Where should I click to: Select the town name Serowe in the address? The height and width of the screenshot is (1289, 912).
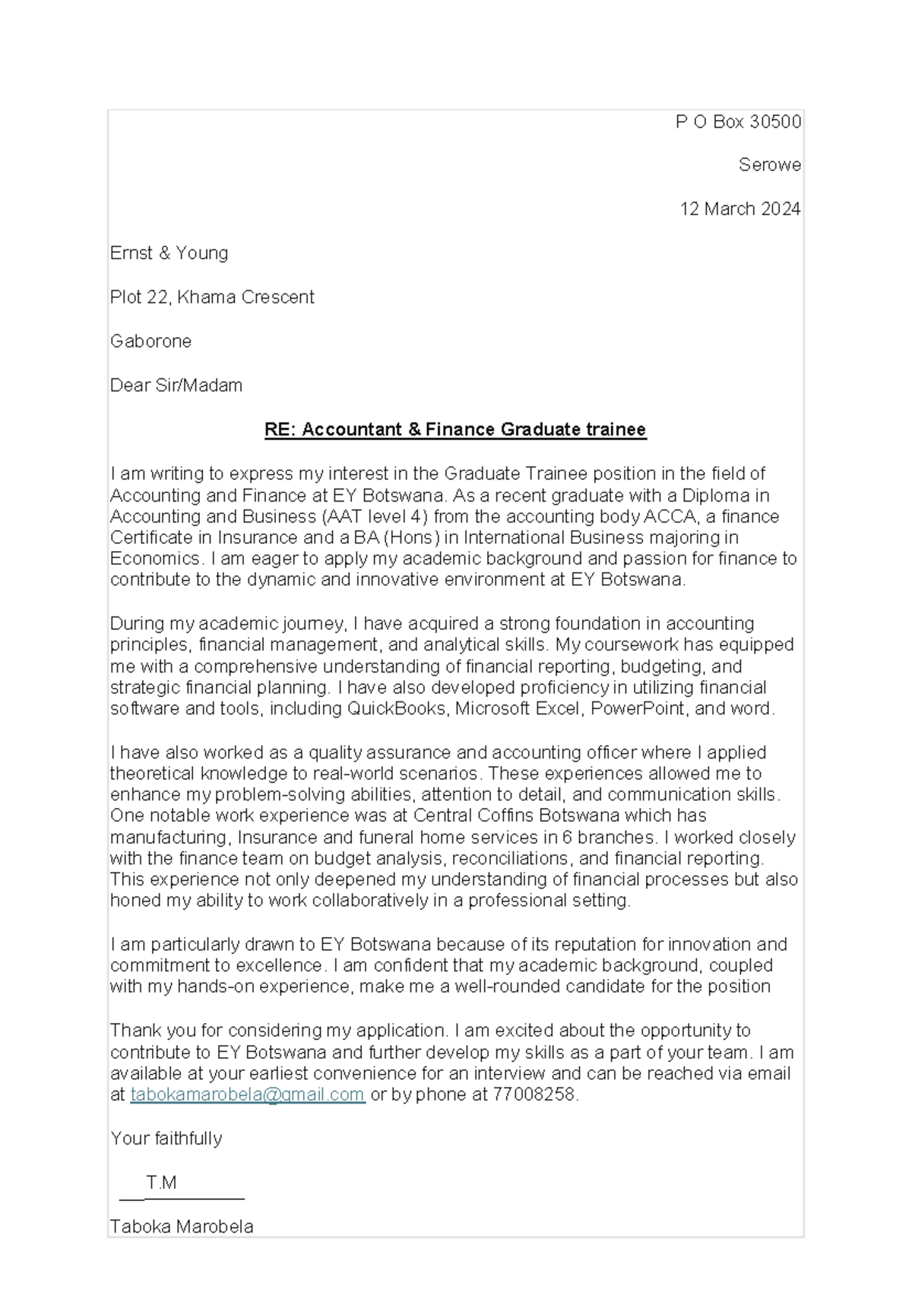pos(769,165)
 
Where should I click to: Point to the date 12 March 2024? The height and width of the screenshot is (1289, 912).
pos(739,209)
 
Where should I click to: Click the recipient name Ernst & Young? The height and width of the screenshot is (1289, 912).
pos(169,253)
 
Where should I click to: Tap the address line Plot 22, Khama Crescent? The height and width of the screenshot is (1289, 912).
pos(212,297)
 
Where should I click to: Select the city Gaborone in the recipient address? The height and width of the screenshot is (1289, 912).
pos(150,341)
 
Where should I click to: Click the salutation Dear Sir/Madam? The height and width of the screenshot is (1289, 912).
pos(176,385)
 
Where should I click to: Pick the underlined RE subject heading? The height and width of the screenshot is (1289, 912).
pos(455,429)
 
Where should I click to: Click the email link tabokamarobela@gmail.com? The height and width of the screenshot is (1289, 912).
pos(248,1094)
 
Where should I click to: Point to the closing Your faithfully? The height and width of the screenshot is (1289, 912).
pos(166,1139)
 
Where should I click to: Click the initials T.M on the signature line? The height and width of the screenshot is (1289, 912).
pos(162,1183)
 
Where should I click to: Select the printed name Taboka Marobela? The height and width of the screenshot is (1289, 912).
pos(182,1227)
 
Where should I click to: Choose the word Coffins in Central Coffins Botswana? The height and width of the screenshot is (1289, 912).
pos(508,816)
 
